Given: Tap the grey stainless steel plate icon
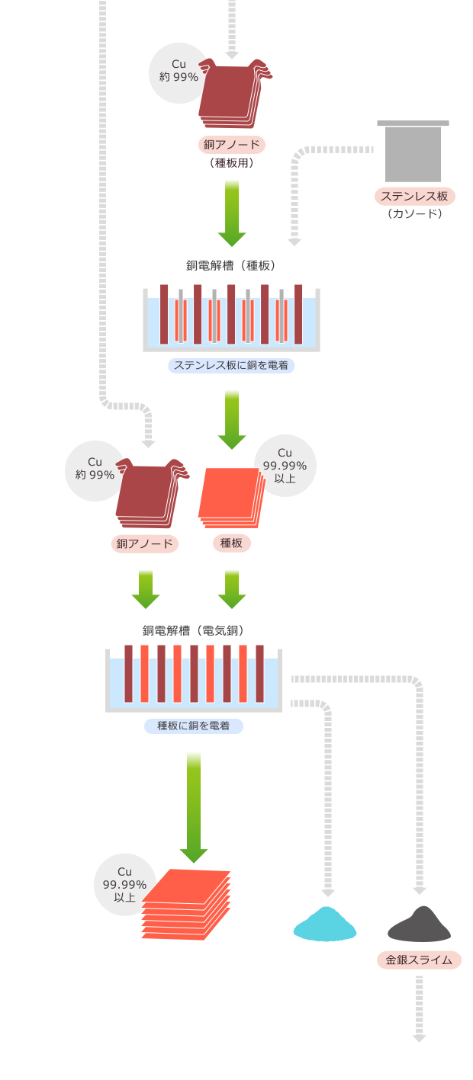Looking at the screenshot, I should (413, 152).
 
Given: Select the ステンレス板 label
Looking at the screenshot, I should (415, 197).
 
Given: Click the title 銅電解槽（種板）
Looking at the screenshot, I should (230, 266).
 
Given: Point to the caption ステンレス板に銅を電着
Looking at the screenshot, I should (231, 365).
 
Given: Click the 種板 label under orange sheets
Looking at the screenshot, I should (231, 543).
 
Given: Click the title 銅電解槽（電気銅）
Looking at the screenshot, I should (193, 630).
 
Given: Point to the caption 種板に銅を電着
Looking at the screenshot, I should (194, 726).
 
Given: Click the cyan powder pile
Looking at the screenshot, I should (325, 925).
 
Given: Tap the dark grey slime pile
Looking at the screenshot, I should (419, 925).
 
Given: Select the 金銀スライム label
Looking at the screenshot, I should (419, 960).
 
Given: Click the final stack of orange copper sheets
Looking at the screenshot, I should (185, 905).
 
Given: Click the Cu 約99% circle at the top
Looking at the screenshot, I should (179, 71).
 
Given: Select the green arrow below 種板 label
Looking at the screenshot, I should (232, 589).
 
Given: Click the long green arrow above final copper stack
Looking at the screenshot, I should (194, 808).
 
